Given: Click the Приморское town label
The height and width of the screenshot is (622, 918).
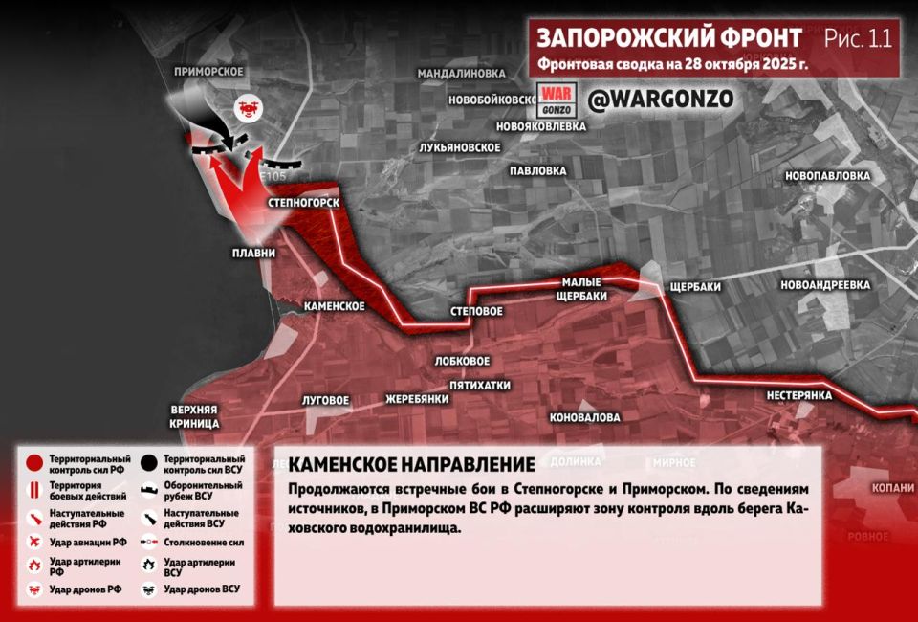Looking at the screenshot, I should tap(208, 72).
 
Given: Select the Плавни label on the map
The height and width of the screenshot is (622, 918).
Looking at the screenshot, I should tap(253, 254).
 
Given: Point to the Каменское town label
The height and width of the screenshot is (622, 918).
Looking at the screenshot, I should tap(335, 305).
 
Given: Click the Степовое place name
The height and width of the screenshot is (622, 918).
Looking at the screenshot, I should tap(476, 312).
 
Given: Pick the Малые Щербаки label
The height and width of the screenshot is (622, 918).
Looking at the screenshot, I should tap(583, 288).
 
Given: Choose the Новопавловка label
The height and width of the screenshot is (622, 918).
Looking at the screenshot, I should tap(827, 176).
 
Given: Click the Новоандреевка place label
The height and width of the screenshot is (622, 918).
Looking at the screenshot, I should tap(824, 285).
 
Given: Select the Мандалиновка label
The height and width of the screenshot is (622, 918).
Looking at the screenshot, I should tap(460, 73).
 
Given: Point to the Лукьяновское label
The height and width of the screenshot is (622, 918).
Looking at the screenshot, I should tap(460, 147).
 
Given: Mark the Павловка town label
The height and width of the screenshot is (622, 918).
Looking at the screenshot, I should tap(538, 171).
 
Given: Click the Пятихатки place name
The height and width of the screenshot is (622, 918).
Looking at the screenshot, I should tap(479, 385).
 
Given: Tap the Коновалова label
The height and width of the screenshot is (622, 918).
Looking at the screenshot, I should tap(584, 418).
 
